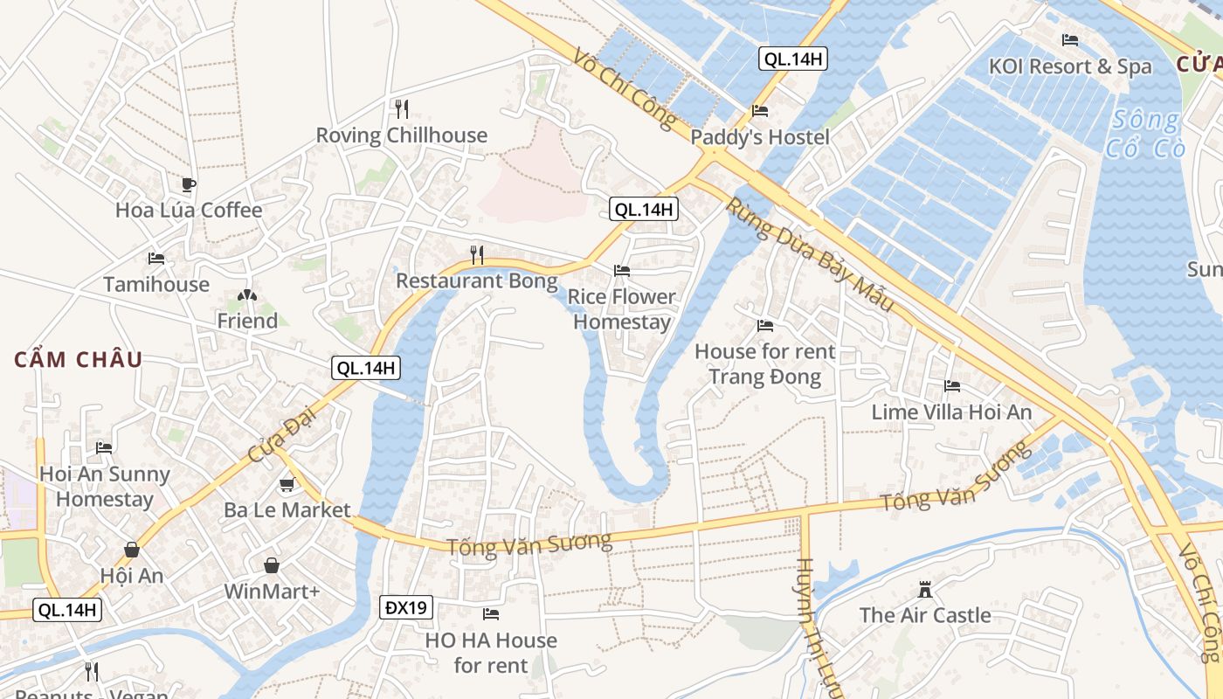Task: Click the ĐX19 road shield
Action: [406, 606]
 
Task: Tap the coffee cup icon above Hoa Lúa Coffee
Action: [188, 184]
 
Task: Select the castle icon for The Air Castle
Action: [925, 590]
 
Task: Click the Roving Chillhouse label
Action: [401, 135]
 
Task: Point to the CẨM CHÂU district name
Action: [79, 359]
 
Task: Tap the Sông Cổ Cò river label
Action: [1144, 134]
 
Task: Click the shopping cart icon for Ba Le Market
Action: [287, 484]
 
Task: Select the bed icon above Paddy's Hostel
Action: [760, 111]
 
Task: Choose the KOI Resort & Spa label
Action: [1069, 66]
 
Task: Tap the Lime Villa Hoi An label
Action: [951, 412]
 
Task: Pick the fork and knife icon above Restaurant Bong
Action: [477, 254]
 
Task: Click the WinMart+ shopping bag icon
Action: [273, 565]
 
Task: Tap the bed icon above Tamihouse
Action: [156, 259]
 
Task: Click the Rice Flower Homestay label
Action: [622, 309]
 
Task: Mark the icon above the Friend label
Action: [247, 296]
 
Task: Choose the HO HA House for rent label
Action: [490, 653]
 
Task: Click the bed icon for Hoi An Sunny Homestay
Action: [104, 448]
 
